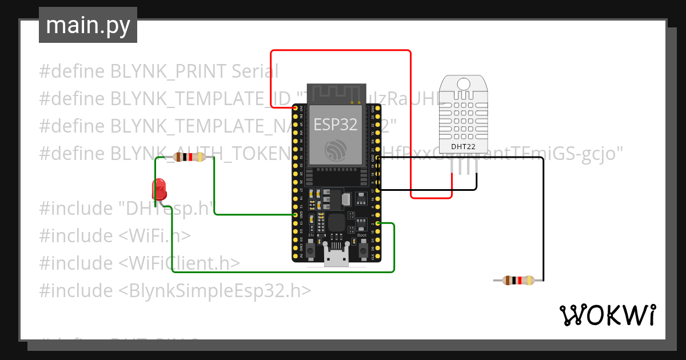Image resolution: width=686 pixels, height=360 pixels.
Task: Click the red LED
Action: [x=158, y=187]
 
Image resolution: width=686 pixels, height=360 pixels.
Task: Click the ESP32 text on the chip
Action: [x=336, y=123]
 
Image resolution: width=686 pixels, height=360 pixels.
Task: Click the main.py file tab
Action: [x=88, y=25]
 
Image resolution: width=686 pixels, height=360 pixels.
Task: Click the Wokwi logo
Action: [x=607, y=315]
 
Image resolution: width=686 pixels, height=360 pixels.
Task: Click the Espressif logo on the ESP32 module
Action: [x=336, y=150]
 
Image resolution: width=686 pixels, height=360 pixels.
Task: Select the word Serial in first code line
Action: [x=255, y=71]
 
